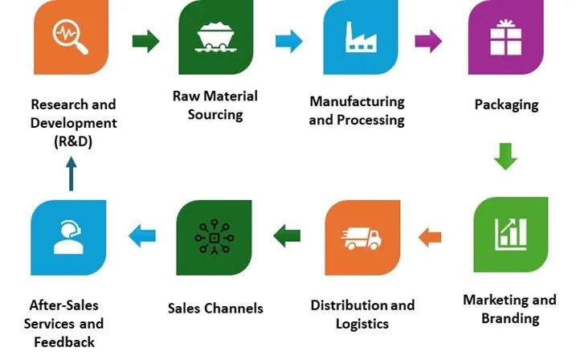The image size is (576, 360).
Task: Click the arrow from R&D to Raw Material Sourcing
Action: tap(145, 40)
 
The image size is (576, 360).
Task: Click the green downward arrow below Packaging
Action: tap(505, 155)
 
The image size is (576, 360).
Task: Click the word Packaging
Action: tap(506, 104)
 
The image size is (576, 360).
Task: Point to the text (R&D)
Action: tap(73, 142)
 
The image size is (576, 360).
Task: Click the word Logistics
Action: tap(362, 324)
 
